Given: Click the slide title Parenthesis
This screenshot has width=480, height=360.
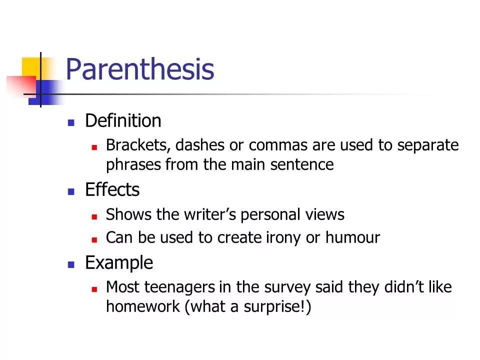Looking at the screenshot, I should click(139, 70).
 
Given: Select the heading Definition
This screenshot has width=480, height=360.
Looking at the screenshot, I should click(123, 121).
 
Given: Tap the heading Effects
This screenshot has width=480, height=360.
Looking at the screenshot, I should click(112, 190).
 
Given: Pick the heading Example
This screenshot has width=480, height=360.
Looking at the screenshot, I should click(119, 262).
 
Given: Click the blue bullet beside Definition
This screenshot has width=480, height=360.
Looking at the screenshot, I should click(71, 122).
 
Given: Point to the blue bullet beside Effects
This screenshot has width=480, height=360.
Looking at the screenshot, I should click(71, 191).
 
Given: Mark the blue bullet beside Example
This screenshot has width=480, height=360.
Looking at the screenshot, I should click(71, 264).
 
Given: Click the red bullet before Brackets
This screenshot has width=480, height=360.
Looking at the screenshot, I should click(94, 147).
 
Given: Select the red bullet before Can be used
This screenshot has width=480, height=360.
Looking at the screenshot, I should click(94, 239).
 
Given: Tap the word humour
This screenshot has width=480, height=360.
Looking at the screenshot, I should click(352, 238).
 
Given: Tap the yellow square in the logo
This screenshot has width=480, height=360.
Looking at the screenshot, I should click(31, 67).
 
